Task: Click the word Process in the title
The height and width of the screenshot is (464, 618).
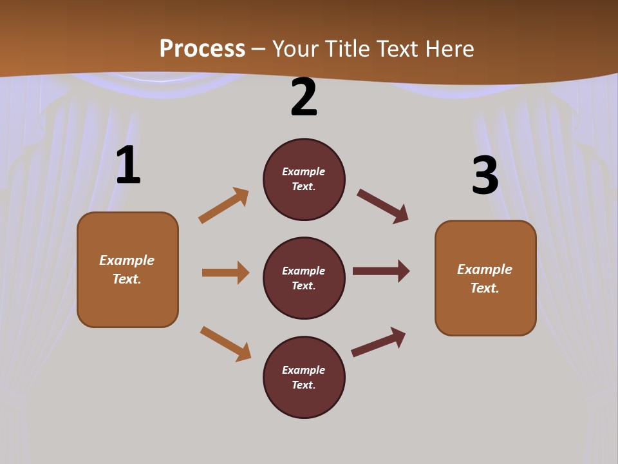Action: [202, 49]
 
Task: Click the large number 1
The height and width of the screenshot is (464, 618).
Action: [129, 164]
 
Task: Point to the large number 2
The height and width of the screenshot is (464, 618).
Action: [304, 97]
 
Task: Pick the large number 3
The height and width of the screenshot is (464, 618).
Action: [485, 175]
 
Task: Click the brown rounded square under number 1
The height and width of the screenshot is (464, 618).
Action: [127, 270]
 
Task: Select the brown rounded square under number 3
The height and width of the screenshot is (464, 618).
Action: [485, 278]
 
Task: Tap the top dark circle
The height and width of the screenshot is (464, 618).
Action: [304, 179]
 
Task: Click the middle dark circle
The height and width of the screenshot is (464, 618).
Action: [304, 278]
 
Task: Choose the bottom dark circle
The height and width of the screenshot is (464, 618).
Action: [304, 377]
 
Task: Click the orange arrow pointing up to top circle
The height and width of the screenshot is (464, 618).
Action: [224, 205]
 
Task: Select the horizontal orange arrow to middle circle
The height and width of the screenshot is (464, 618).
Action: [226, 272]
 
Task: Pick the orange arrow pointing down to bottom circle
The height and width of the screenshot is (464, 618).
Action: [225, 343]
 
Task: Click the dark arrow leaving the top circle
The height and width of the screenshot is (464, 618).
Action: [382, 206]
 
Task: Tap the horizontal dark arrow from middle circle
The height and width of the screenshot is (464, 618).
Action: [381, 271]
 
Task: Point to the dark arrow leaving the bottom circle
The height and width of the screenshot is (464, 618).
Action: [379, 342]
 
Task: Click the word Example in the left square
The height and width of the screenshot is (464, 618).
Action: [127, 260]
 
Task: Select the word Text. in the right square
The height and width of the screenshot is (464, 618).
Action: [485, 288]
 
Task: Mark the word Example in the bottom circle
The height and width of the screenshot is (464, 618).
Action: [303, 370]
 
